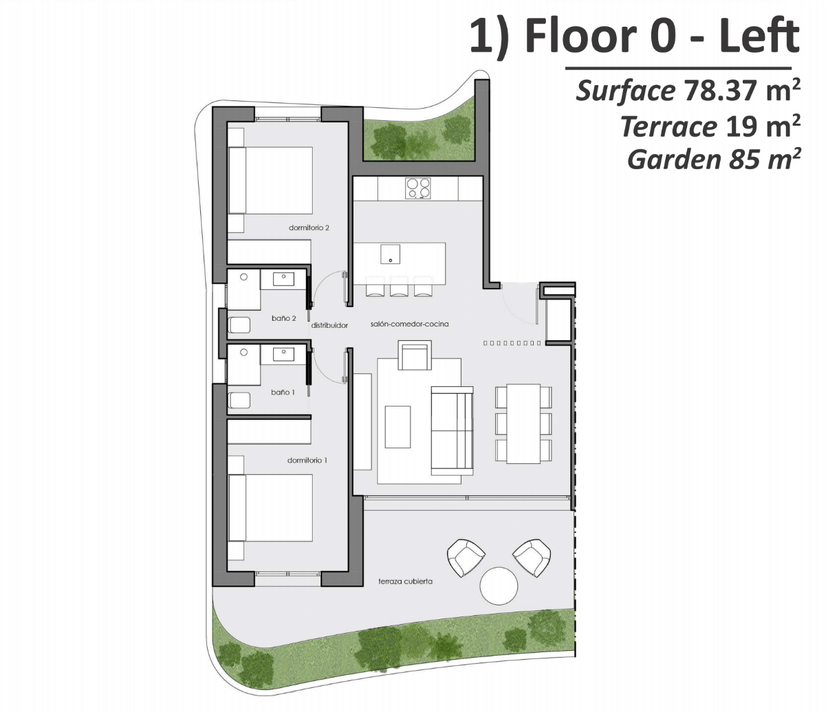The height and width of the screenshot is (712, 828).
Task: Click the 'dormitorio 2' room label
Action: click(309, 227)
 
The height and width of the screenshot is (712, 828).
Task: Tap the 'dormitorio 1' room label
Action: click(307, 460)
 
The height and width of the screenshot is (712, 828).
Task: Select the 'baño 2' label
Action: click(283, 318)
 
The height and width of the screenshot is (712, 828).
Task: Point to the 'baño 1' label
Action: click(283, 392)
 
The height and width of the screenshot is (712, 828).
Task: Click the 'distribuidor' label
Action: click(329, 325)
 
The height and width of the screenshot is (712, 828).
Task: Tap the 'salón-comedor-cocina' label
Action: click(409, 324)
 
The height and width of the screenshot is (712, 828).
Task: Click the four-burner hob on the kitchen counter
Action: click(418, 188)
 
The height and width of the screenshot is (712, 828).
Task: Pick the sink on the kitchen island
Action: click(390, 254)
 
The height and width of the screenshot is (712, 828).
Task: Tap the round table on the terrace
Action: click(499, 586)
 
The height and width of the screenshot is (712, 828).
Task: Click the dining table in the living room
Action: click(523, 423)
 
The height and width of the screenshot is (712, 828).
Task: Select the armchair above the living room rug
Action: click(415, 355)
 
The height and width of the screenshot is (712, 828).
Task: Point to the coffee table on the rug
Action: click(397, 427)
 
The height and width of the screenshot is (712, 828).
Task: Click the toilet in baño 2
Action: click(239, 325)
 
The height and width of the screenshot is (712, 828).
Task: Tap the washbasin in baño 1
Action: click(283, 354)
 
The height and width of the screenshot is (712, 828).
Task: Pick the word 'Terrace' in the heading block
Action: click(668, 126)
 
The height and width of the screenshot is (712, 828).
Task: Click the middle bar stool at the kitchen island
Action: click(399, 286)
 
